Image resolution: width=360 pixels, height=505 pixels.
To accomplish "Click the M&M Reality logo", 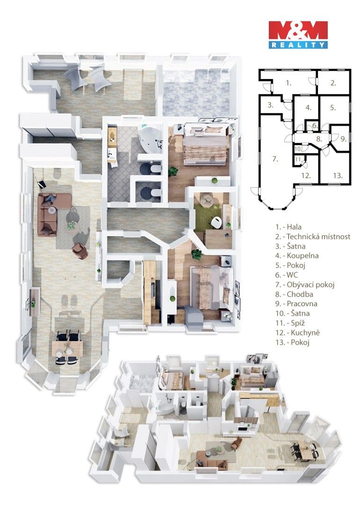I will pyautogui.click(x=298, y=35).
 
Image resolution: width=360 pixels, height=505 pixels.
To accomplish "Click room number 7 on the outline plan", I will pyautogui.click(x=275, y=159).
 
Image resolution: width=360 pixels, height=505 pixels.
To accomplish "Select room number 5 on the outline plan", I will pyautogui.click(x=333, y=108).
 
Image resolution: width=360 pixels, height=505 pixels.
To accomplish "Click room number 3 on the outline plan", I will pyautogui.click(x=270, y=105).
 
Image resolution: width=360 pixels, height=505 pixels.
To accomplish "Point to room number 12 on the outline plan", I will pyautogui.click(x=306, y=176).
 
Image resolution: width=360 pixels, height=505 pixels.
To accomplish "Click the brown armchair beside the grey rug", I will pyautogui.click(x=80, y=251).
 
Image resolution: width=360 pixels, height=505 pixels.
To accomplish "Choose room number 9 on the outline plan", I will pyautogui.click(x=342, y=138).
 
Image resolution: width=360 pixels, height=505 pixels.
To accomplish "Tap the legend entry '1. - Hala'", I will pyautogui.click(x=288, y=227).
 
